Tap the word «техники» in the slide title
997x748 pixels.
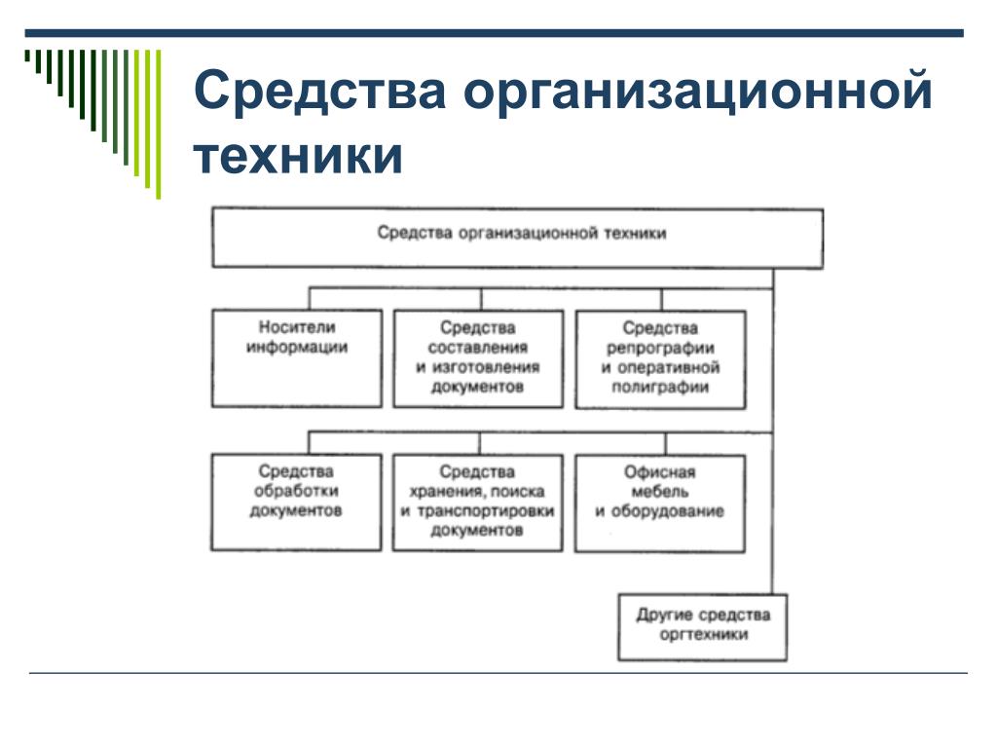298,156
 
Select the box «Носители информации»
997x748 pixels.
297,357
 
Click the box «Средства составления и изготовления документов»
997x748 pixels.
478,357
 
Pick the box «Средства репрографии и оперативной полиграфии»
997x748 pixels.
660,357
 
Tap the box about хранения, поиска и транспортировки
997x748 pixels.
478,502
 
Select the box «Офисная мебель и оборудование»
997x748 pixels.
660,502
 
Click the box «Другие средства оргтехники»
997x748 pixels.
702,625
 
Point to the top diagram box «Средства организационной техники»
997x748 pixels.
517,236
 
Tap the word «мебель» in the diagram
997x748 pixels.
660,492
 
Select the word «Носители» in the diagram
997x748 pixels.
297,328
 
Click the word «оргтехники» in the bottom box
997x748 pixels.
702,635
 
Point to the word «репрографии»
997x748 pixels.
660,348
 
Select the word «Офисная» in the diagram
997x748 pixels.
660,472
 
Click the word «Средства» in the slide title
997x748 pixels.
321,93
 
